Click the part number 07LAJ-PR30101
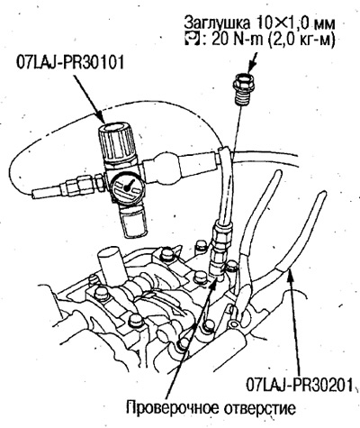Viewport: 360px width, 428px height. (70, 64)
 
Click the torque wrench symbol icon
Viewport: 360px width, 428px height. (191, 40)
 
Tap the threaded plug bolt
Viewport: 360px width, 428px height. (244, 90)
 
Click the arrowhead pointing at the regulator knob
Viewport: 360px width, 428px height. (102, 117)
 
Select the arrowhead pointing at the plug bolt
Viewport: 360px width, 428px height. (249, 68)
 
